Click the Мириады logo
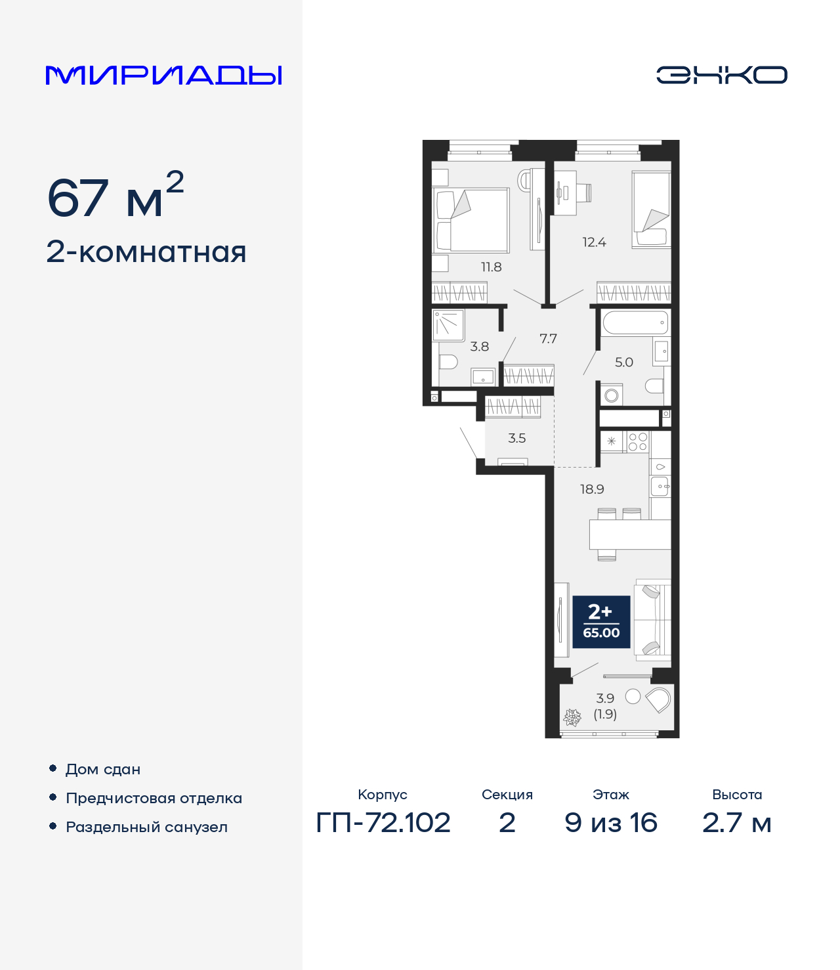pyautogui.click(x=163, y=75)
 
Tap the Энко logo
pyautogui.click(x=721, y=75)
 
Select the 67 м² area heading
pyautogui.click(x=115, y=197)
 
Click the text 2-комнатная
pyautogui.click(x=146, y=252)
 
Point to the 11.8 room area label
pyautogui.click(x=491, y=267)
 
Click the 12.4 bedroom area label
pyautogui.click(x=594, y=242)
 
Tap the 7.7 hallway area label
pyautogui.click(x=548, y=339)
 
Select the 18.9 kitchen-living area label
pyautogui.click(x=592, y=489)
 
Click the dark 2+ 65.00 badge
pyautogui.click(x=601, y=622)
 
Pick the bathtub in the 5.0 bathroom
pyautogui.click(x=635, y=323)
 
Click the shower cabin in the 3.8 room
pyautogui.click(x=449, y=325)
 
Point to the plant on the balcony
pyautogui.click(x=573, y=717)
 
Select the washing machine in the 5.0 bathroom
pyautogui.click(x=612, y=395)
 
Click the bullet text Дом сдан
pyautogui.click(x=103, y=769)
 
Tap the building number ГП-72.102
pyautogui.click(x=383, y=822)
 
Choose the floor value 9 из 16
pyautogui.click(x=611, y=822)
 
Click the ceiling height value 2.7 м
pyautogui.click(x=736, y=822)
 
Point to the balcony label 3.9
pyautogui.click(x=605, y=699)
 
